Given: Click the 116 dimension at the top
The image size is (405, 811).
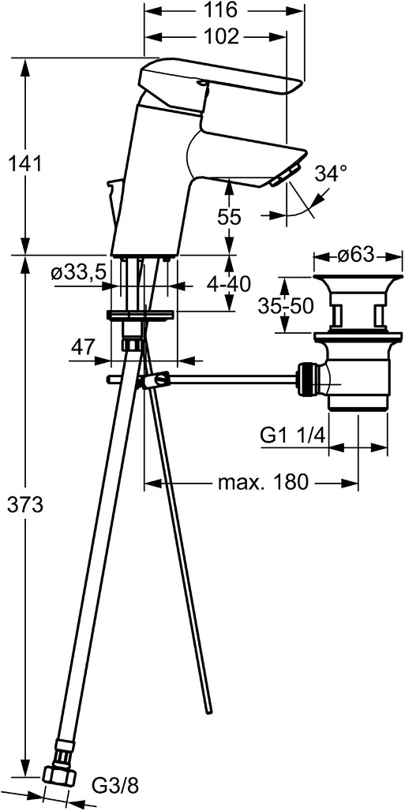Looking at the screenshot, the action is [223, 9].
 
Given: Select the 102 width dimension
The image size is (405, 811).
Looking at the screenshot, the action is [220, 37].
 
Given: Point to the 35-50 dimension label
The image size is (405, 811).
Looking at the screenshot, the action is [286, 307].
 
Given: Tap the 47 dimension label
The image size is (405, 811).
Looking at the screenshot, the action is [82, 346].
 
